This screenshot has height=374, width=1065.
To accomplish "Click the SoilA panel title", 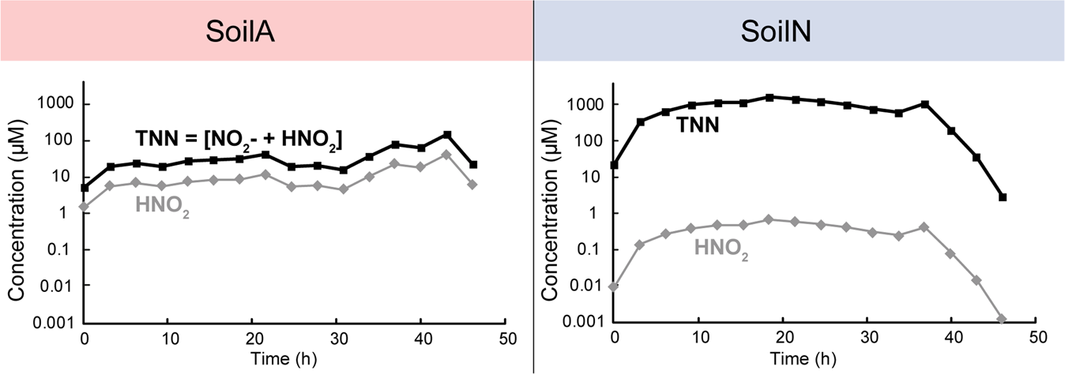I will coord(266,31).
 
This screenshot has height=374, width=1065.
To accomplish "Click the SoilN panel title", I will coord(799,31).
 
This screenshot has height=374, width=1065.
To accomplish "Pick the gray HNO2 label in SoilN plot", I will coord(721,251).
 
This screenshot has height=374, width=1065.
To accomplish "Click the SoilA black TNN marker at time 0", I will coord(85,188).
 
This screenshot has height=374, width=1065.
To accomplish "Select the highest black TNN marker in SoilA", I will coord(447,135).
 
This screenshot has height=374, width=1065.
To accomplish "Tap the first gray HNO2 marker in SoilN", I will coord(614,286).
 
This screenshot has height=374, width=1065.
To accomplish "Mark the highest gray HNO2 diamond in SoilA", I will coord(447,155).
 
